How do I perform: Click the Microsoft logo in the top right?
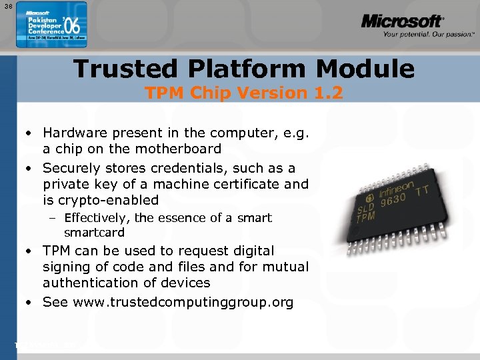tap(401, 21)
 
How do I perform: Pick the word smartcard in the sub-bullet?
tap(94, 233)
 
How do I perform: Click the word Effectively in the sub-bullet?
tap(98, 218)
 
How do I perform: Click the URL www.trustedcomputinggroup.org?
tap(183, 302)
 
